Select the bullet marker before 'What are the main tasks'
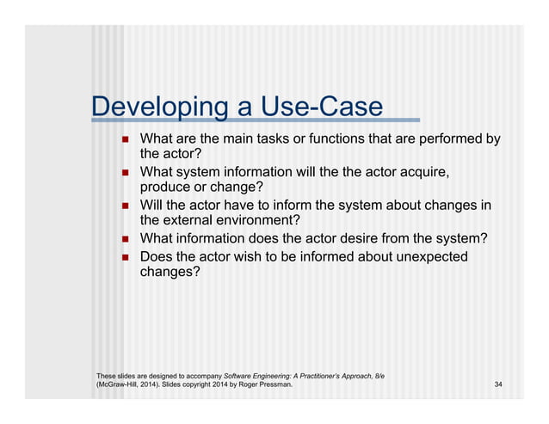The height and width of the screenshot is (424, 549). (124, 140)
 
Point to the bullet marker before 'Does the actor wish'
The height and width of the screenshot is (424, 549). (124, 257)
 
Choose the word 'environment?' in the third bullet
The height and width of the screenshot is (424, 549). (261, 221)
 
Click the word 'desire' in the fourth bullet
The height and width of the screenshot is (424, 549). (370, 238)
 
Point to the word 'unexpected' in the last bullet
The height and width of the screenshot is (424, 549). (424, 256)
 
